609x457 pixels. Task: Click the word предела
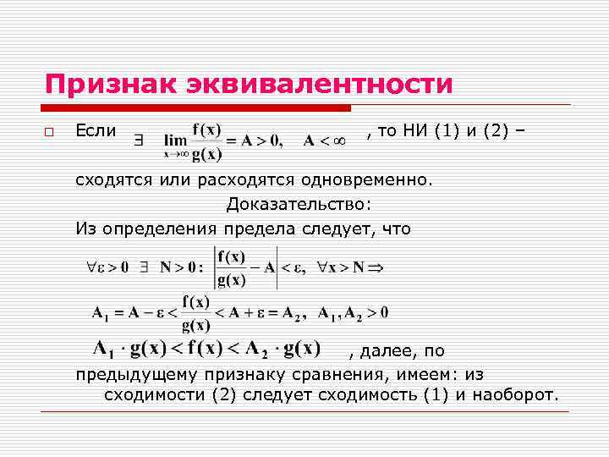[x=265, y=228]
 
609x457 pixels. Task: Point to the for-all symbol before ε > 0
[x=93, y=267]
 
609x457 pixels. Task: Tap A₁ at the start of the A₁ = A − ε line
[x=100, y=314]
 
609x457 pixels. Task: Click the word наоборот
[x=513, y=395]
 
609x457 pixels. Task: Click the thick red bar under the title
[x=196, y=108]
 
